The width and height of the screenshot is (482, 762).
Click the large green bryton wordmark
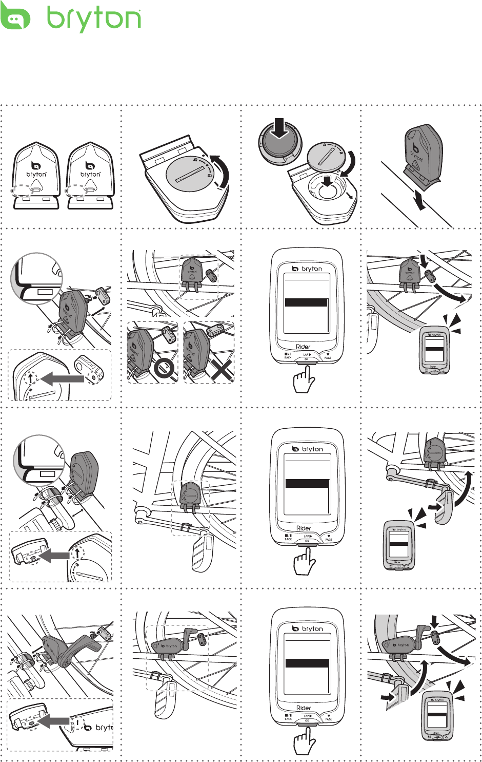(94, 20)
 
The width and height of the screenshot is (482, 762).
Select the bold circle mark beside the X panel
(164, 369)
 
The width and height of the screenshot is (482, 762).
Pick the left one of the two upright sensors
(36, 176)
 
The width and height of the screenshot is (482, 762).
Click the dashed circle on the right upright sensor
(76, 190)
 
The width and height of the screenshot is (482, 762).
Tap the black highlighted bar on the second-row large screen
(306, 303)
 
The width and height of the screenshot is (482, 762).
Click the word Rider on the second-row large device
(304, 347)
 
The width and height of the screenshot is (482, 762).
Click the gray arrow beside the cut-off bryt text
(55, 722)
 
